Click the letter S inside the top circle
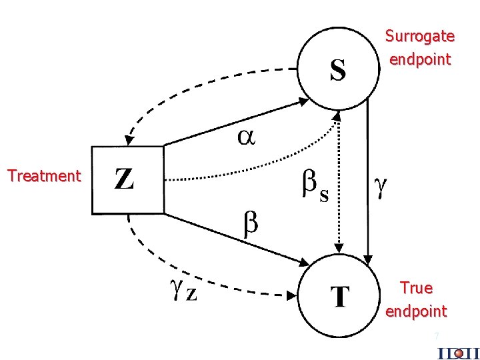(338, 70)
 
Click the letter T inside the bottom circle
(340, 297)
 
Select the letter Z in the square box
(124, 179)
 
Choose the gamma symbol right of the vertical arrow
(380, 187)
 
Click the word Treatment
(44, 176)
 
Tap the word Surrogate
(420, 36)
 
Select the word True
(416, 288)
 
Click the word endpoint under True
(416, 311)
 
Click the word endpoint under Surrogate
(420, 59)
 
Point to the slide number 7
(436, 336)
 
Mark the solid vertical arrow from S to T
(367, 187)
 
